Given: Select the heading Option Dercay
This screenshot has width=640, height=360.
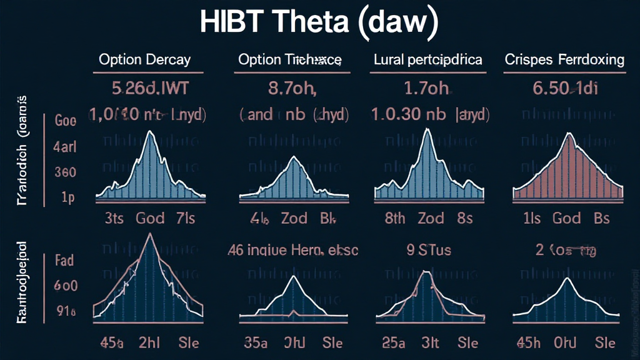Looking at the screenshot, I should click(144, 61).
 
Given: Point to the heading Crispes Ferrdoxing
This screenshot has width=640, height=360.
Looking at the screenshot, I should click(564, 61).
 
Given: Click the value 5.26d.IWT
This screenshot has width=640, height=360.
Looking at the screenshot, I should click(144, 89).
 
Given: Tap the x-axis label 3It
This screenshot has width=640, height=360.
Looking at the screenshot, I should click(431, 343).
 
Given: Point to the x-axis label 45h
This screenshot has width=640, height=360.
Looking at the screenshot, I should click(529, 343).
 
